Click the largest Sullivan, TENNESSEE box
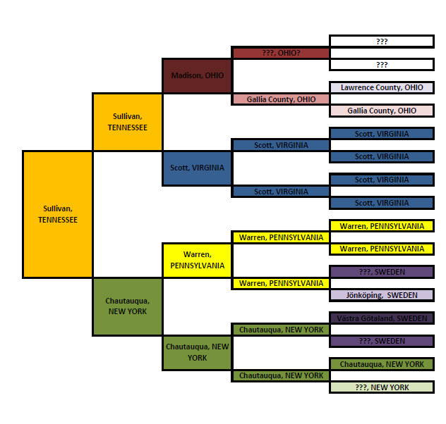pos(57,214)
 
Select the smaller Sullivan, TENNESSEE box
pos(127,122)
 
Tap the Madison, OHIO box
pos(197,76)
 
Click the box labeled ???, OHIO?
pos(281,53)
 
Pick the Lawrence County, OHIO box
pos(382,87)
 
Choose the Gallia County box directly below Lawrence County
pos(382,111)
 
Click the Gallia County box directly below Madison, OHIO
pos(281,99)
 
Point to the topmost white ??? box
pos(382,42)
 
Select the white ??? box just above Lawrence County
pos(382,65)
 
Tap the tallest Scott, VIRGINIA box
pos(197,168)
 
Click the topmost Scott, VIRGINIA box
pos(382,134)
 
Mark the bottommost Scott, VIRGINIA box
pos(382,203)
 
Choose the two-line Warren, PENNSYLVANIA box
pos(197,260)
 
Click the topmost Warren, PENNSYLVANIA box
pos(382,226)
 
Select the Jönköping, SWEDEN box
pos(382,295)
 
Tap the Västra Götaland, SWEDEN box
pos(382,318)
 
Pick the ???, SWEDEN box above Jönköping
pos(382,272)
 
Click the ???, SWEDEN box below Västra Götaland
pos(382,341)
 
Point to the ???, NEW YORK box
pos(382,387)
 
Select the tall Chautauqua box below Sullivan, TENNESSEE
pos(127,306)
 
